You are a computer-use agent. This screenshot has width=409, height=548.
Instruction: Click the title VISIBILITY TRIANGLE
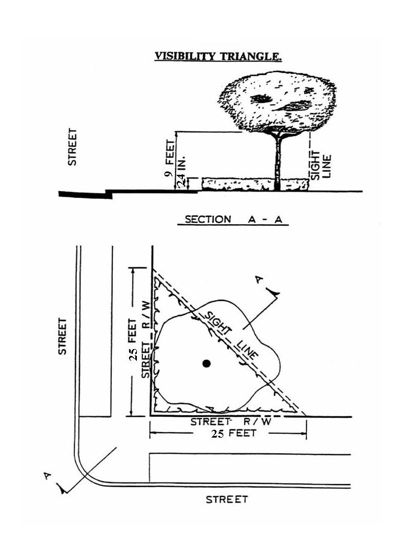218,57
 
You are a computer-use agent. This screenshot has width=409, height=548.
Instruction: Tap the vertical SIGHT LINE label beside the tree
321,165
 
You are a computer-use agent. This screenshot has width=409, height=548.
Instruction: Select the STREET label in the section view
73,147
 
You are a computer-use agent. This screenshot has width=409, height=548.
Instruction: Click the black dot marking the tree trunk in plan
206,364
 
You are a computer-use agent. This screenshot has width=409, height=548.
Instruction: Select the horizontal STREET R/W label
231,422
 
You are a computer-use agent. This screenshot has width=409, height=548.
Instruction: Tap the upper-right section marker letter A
259,280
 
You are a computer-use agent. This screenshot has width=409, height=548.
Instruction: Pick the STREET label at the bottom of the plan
227,499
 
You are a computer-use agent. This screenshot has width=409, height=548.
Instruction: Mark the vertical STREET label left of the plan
62,336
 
